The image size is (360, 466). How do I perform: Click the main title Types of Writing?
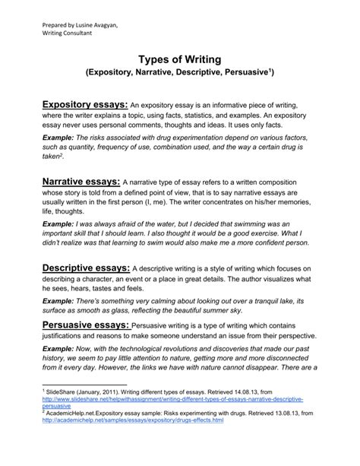(179, 60)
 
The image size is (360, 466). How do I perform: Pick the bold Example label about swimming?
(60, 225)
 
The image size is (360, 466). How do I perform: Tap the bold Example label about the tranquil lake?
(60, 301)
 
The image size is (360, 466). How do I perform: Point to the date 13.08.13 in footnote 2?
(278, 412)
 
